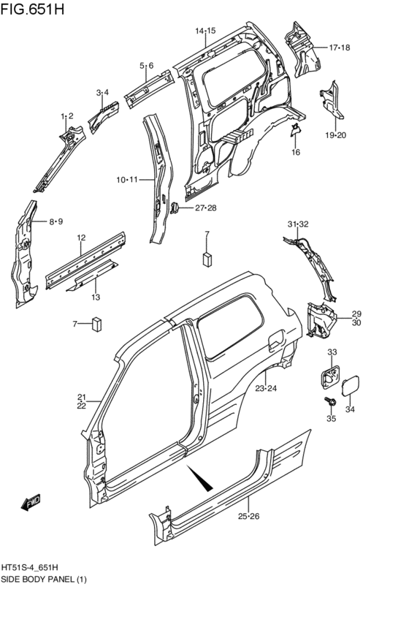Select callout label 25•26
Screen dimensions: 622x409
(248, 517)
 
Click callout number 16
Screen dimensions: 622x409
(296, 152)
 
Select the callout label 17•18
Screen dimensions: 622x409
(340, 48)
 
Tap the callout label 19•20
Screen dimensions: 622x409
(335, 134)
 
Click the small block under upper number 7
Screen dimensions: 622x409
(207, 258)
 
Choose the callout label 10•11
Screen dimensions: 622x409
(126, 180)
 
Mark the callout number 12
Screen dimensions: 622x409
(82, 238)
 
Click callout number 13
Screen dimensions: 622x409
(96, 297)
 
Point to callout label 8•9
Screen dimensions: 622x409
(56, 221)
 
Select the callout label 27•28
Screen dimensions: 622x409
(205, 208)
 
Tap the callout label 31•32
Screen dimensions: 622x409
(298, 224)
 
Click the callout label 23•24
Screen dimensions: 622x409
(265, 388)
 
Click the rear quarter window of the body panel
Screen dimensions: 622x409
(232, 319)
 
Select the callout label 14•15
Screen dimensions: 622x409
(205, 31)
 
